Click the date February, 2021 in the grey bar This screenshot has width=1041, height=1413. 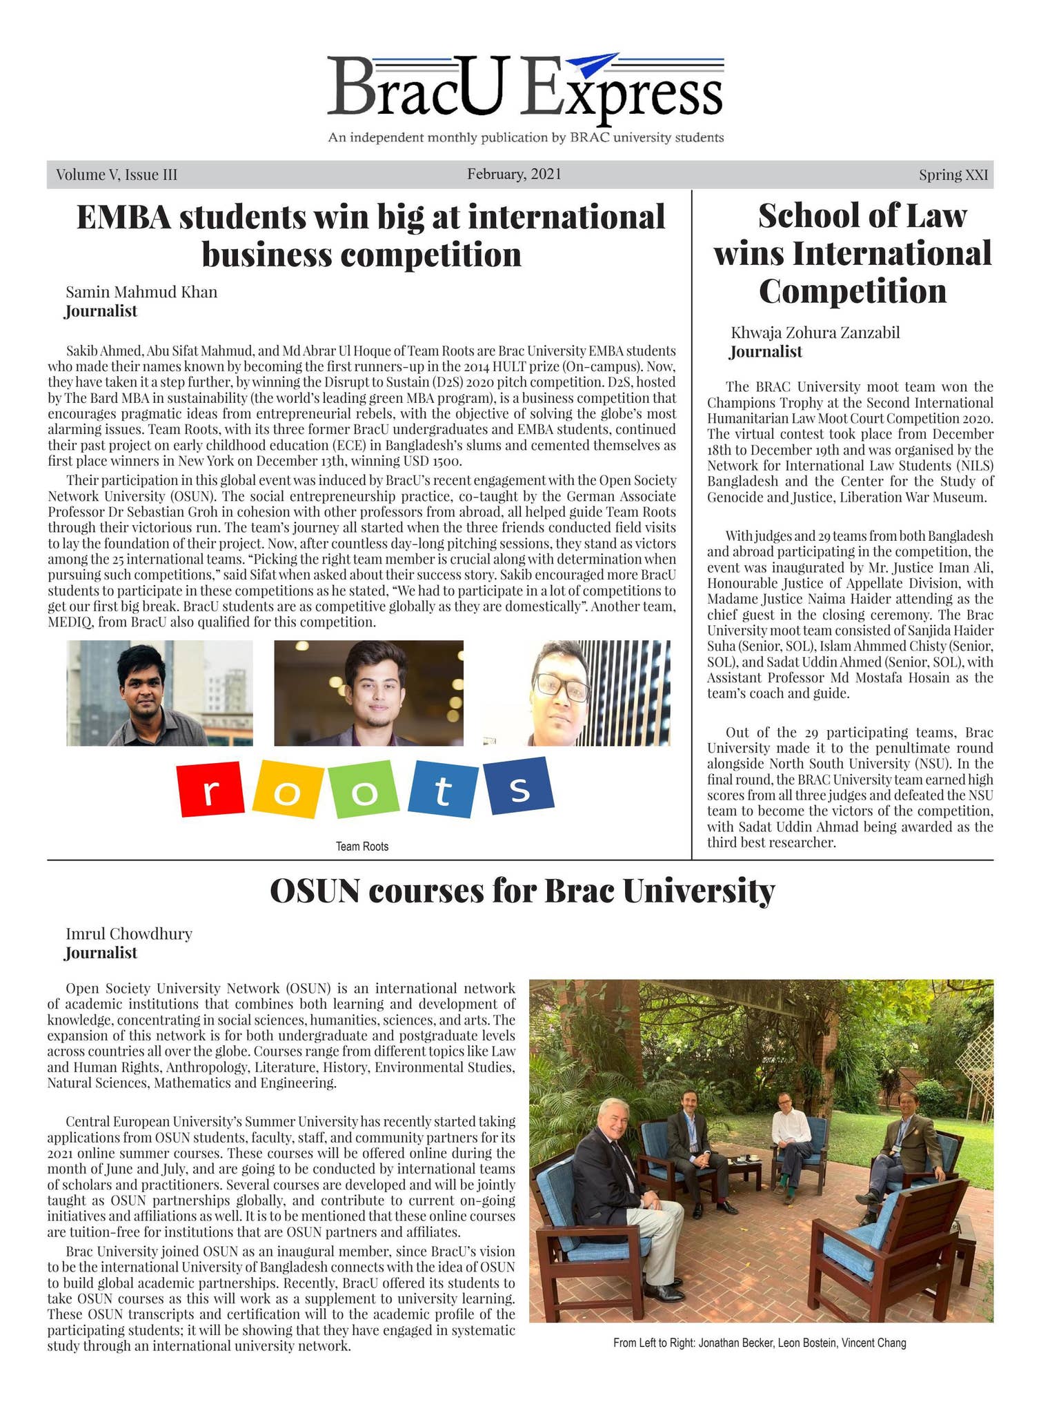514,174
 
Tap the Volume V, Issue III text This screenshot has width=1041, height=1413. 117,175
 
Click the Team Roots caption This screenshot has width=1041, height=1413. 361,847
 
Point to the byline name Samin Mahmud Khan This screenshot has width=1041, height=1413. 141,292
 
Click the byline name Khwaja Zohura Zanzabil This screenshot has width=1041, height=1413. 815,333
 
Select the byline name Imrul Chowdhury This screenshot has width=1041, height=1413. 129,934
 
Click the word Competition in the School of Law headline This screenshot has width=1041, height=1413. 853,290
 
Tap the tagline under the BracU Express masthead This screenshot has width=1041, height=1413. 526,138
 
